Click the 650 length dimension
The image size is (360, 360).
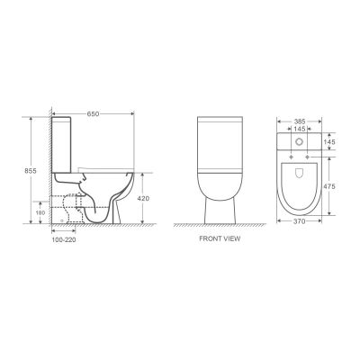tap(93, 113)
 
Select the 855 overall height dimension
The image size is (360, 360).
tap(31, 171)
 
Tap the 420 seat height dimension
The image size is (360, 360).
tap(143, 198)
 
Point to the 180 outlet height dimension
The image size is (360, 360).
tap(41, 212)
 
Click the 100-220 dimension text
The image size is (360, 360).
tap(64, 239)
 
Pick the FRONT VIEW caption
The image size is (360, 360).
tap(220, 238)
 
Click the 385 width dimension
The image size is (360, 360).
tap(300, 121)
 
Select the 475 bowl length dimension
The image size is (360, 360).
tap(329, 186)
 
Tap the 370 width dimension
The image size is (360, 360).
tap(300, 221)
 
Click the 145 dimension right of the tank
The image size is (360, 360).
tap(329, 141)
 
